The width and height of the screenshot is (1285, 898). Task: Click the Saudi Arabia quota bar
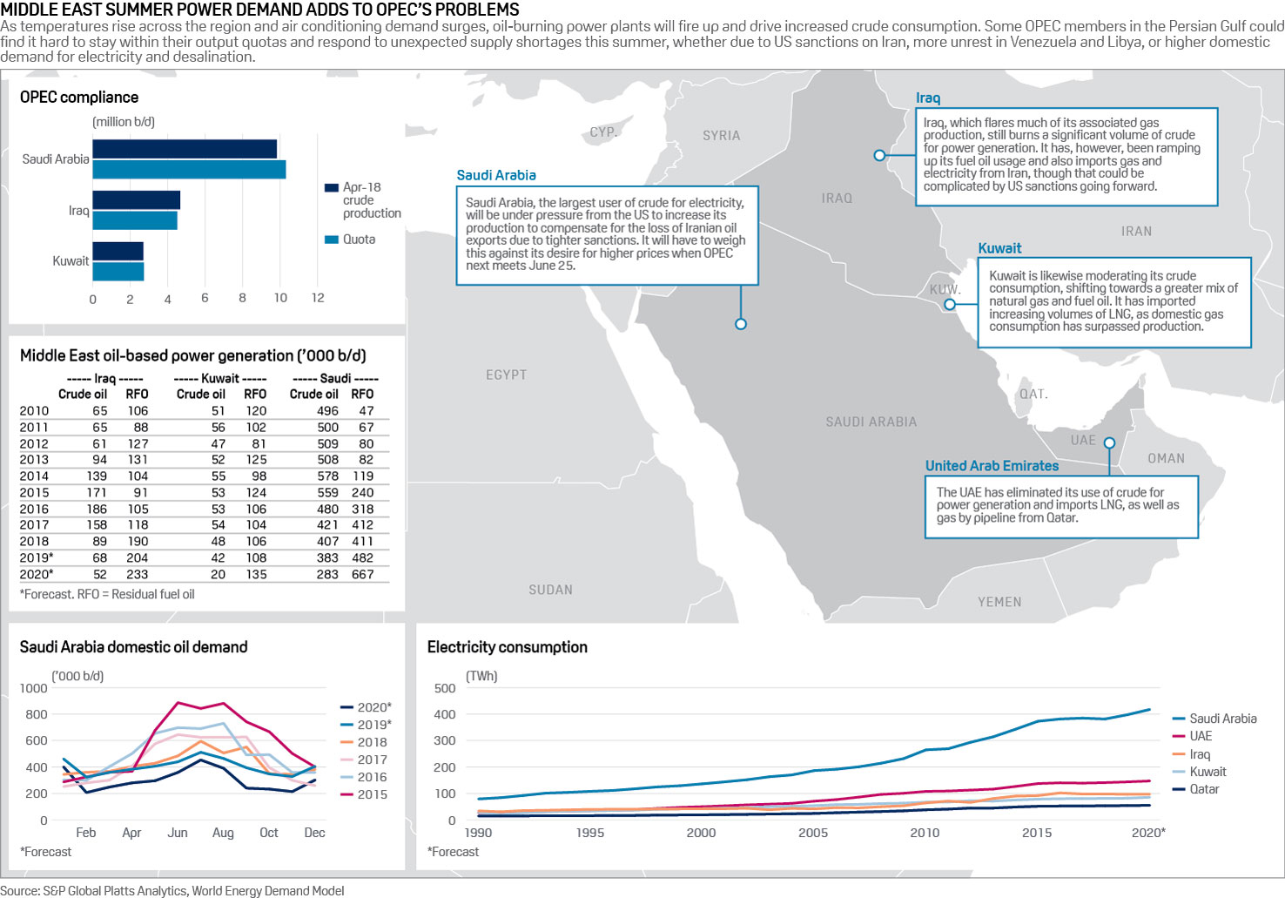click(189, 170)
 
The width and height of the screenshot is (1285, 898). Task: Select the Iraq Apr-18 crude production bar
click(136, 200)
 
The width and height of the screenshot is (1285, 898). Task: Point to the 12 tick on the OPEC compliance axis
click(318, 298)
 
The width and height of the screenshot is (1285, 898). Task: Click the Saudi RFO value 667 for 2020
click(362, 575)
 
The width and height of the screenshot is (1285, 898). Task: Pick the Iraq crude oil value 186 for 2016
click(97, 510)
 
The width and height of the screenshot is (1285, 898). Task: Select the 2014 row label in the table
click(35, 476)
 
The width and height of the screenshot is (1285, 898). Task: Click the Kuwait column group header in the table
click(220, 379)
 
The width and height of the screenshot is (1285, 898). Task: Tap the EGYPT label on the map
click(506, 375)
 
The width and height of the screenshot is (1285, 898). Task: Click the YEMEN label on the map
click(999, 602)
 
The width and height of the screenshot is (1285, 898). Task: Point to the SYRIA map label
click(721, 136)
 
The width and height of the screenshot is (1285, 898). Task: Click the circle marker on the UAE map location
click(1109, 443)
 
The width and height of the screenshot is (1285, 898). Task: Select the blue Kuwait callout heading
click(999, 248)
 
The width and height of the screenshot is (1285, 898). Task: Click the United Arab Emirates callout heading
click(992, 466)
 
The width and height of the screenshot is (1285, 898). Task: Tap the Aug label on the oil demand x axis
click(223, 833)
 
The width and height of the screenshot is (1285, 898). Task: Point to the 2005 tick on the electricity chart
click(813, 833)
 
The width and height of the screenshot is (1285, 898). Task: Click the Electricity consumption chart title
click(507, 647)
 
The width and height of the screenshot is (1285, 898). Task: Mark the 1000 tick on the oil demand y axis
click(34, 688)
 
